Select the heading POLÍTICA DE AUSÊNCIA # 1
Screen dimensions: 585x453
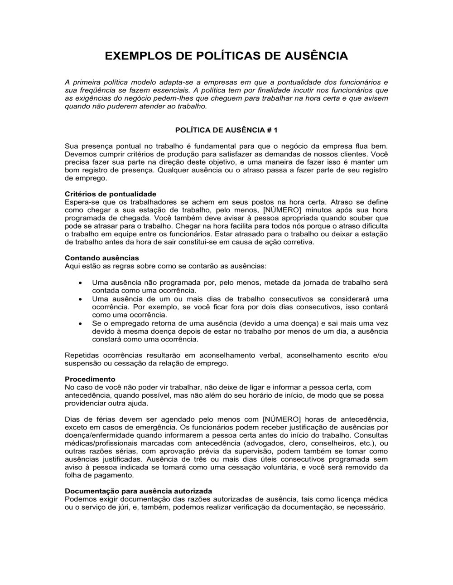[x=226, y=130]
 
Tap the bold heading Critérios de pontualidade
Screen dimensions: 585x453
[x=111, y=194]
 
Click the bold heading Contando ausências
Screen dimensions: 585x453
[x=102, y=258]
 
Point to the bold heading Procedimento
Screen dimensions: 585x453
[x=90, y=379]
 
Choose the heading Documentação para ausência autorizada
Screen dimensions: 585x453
[x=138, y=491]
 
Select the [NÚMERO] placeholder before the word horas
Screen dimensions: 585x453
[x=282, y=419]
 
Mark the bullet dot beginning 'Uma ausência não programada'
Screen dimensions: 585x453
[x=80, y=283]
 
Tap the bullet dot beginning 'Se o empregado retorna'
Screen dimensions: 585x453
[x=80, y=324]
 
